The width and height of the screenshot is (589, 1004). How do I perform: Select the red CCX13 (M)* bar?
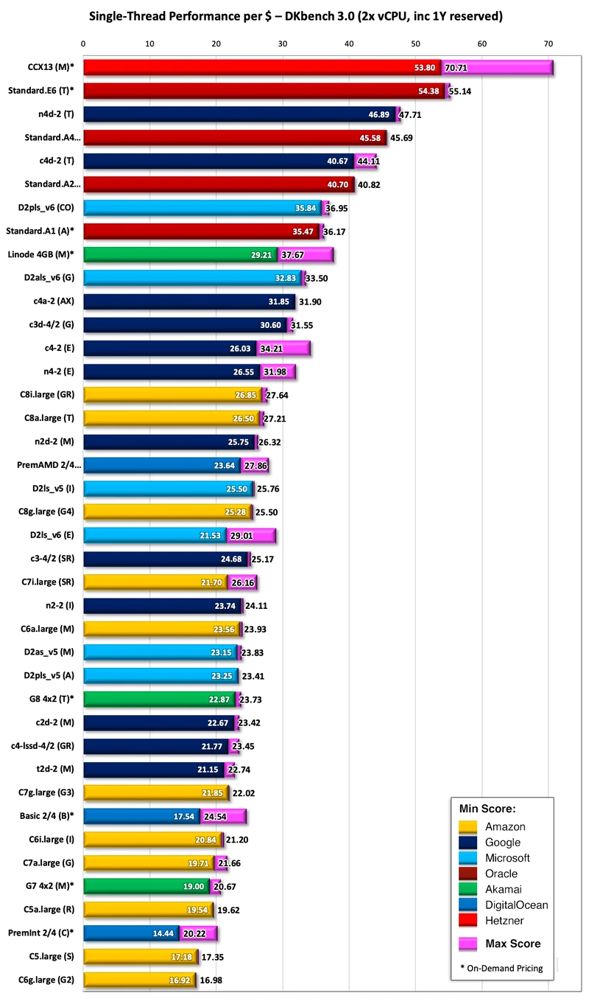pyautogui.click(x=261, y=68)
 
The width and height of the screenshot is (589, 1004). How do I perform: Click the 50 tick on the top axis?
pyautogui.click(x=415, y=44)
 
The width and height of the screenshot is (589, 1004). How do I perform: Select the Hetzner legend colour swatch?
pyautogui.click(x=468, y=920)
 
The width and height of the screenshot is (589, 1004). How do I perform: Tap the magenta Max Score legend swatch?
pyautogui.click(x=468, y=943)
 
